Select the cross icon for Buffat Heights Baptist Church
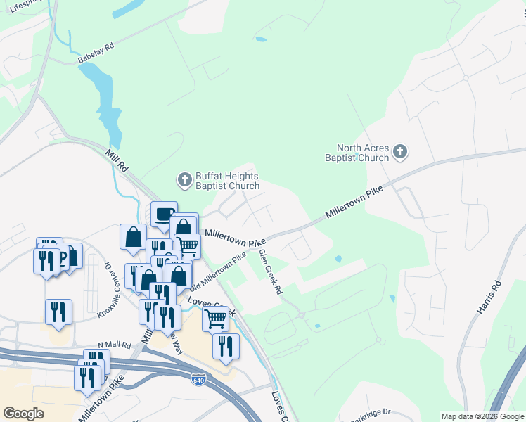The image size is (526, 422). [184, 180]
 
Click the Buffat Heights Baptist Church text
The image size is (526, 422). [227, 181]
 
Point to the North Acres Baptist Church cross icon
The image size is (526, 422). [400, 151]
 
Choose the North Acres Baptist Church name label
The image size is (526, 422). [362, 153]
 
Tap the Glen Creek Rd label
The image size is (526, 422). [270, 271]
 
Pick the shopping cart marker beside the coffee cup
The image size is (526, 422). [188, 245]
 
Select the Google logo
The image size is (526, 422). [23, 414]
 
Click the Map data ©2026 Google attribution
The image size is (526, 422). [482, 416]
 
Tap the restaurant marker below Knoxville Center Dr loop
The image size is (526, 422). [58, 312]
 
